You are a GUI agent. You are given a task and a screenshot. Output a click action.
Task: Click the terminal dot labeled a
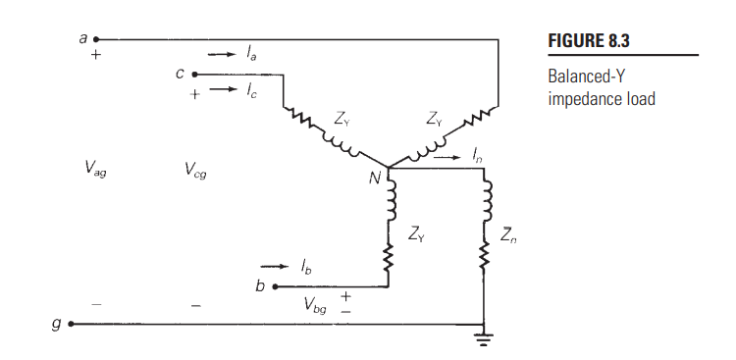95,39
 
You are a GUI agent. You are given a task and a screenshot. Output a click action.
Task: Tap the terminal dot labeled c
194,74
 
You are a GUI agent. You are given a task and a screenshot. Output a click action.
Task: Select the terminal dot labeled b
274,286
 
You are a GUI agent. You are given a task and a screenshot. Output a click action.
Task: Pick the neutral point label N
374,180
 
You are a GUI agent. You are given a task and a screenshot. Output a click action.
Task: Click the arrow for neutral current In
447,155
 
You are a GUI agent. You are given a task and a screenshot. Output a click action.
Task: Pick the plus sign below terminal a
95,56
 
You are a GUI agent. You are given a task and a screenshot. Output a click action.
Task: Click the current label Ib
307,266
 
